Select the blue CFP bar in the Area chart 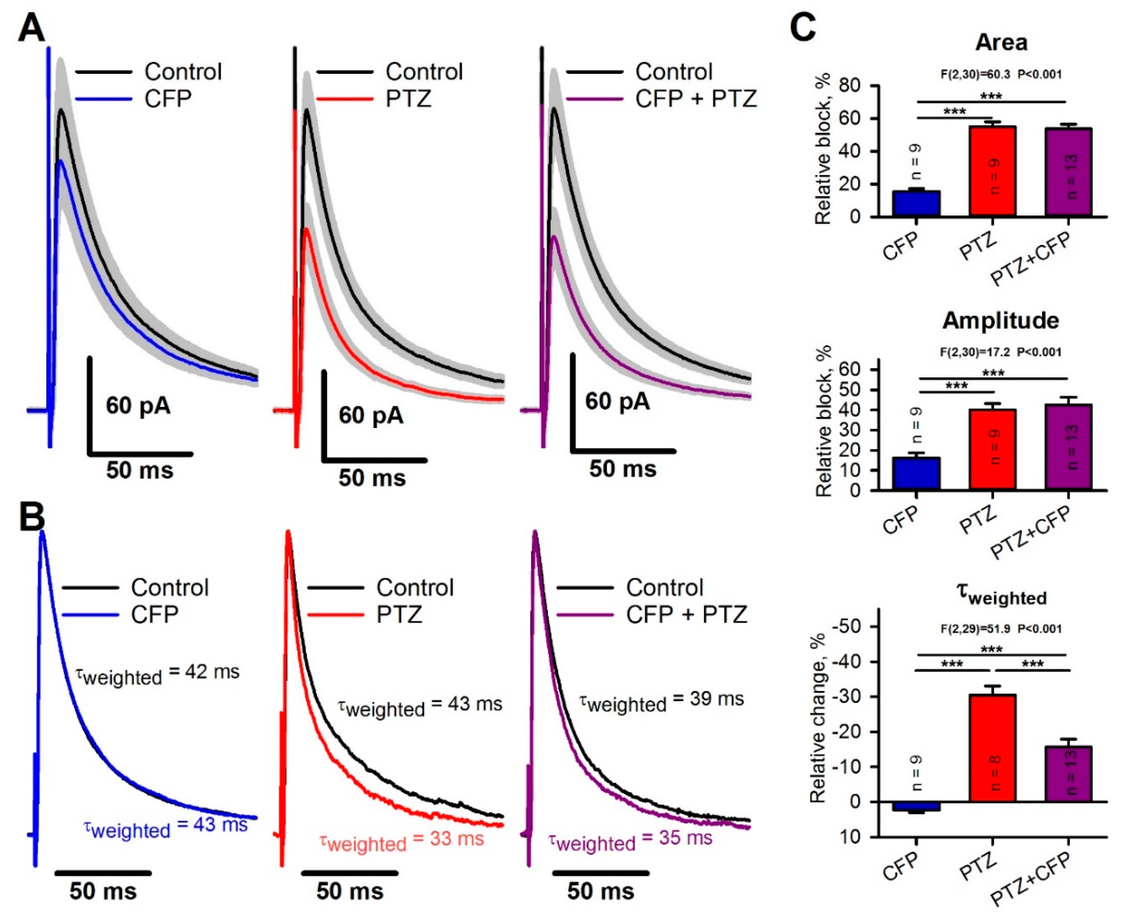(916, 203)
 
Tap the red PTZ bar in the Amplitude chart (992, 449)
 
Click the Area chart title (1001, 43)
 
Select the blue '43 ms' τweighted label (165, 827)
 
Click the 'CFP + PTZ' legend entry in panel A (695, 99)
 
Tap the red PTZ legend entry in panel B (399, 615)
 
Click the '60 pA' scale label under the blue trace (138, 406)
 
